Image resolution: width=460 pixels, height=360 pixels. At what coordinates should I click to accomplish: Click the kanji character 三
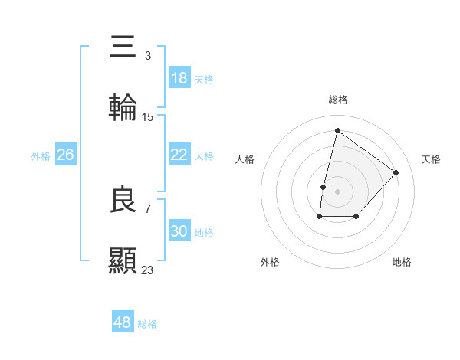point(123,47)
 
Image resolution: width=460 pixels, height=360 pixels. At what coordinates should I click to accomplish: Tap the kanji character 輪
point(123,107)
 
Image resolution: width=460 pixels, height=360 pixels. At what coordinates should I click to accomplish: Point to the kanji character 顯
point(123,260)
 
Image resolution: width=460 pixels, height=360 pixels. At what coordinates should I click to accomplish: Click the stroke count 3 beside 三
point(147,56)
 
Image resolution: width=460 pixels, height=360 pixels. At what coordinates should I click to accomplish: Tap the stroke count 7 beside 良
point(147,208)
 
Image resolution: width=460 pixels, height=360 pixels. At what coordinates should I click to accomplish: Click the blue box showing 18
point(179,78)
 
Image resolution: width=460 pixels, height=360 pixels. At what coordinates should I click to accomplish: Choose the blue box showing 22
point(179,155)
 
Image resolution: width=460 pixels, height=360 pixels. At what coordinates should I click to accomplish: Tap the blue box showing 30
point(179,231)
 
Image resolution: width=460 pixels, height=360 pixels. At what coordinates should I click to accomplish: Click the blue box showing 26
point(65,155)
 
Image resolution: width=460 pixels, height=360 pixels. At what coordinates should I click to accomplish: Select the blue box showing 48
point(122,322)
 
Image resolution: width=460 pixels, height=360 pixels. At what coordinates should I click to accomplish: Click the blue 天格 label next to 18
point(204,80)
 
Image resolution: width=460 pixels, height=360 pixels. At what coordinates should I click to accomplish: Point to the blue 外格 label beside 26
point(41,156)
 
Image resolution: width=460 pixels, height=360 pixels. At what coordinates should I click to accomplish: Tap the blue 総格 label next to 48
point(147,324)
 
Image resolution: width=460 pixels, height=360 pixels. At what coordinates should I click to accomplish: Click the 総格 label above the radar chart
point(337,100)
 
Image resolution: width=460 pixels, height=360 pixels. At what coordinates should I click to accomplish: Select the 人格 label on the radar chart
point(245,159)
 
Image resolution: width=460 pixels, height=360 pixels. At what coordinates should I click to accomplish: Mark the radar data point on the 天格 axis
point(396,172)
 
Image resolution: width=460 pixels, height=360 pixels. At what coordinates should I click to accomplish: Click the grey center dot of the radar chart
point(337,191)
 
